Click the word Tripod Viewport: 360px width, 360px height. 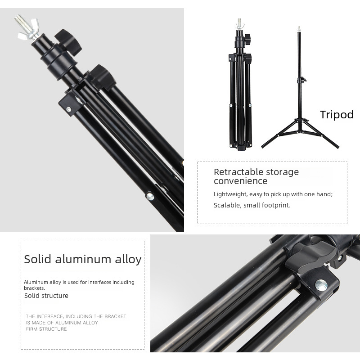click(x=337, y=115)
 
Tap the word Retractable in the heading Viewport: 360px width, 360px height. click(x=238, y=172)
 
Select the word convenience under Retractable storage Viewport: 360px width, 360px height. click(x=240, y=181)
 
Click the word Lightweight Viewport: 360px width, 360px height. click(x=230, y=194)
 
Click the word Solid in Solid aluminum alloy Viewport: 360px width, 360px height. click(x=37, y=259)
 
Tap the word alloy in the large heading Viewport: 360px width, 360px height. click(x=128, y=260)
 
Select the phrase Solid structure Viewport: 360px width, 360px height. click(x=46, y=296)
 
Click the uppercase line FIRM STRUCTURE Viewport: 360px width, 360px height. click(x=46, y=329)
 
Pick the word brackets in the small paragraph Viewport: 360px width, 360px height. click(x=34, y=288)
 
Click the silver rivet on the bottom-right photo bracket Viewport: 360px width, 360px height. click(x=321, y=285)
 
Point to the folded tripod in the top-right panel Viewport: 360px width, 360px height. click(x=241, y=85)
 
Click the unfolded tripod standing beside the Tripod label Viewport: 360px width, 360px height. click(x=300, y=90)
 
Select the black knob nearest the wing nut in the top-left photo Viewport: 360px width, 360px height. click(x=68, y=41)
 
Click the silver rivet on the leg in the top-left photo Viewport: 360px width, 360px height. click(x=150, y=196)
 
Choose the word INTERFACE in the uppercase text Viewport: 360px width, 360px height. click(x=50, y=316)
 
